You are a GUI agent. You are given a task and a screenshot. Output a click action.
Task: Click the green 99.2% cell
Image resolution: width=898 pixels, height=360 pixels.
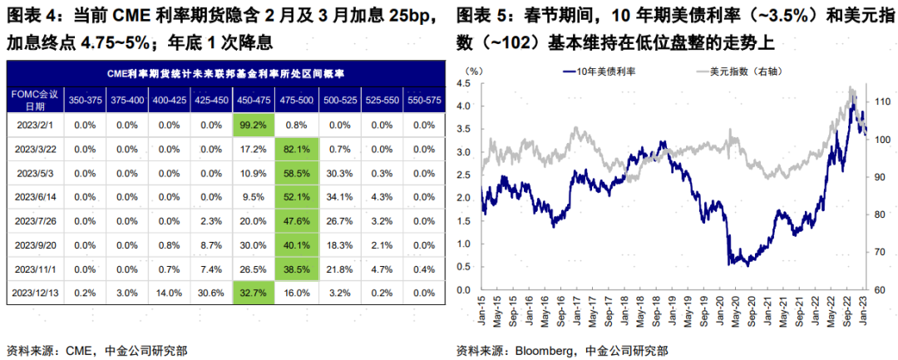point(254,125)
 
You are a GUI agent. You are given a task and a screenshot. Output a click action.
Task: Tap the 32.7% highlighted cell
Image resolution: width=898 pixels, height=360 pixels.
point(254,293)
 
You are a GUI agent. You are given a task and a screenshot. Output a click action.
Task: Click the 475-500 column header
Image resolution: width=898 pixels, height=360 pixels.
point(297,100)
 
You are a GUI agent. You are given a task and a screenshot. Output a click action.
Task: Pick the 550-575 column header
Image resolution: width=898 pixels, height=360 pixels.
point(423,100)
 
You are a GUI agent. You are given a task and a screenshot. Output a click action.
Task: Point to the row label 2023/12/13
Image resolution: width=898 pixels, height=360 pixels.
point(34,293)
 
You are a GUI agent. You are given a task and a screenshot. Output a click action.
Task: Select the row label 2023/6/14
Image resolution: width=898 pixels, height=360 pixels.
point(34,197)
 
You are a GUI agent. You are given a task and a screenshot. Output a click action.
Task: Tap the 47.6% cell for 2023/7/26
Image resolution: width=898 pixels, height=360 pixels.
point(297,221)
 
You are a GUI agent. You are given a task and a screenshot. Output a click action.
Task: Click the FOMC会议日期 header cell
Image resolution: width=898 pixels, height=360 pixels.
point(34,100)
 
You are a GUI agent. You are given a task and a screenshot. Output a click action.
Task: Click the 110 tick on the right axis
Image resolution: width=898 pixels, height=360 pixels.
point(878,103)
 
